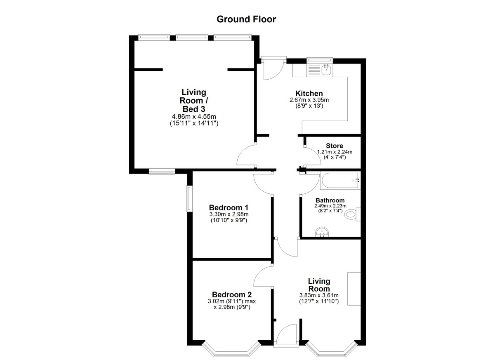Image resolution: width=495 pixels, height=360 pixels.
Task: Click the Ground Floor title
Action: click(246, 19)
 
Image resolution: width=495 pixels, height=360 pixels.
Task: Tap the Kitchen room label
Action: click(309, 93)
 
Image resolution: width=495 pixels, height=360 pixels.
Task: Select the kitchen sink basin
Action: click(326, 70)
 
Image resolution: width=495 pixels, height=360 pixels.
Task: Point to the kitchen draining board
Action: click(314, 70)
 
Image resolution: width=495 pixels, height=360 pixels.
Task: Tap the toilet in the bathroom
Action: click(352, 214)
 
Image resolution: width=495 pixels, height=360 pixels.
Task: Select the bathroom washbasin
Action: click(322, 232)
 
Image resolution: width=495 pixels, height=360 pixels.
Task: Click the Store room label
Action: click(335, 146)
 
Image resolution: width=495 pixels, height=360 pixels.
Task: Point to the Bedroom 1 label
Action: click(229, 207)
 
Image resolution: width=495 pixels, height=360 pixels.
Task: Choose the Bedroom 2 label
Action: click(232, 294)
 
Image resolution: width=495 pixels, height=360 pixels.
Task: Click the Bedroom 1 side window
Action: click(189, 199)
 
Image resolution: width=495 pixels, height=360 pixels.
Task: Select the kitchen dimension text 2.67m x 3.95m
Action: click(309, 100)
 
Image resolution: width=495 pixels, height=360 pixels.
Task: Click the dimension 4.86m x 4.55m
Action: click(194, 116)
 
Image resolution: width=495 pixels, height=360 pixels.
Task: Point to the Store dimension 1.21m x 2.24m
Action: click(335, 152)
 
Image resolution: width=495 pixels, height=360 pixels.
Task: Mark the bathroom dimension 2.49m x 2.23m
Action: click(330, 206)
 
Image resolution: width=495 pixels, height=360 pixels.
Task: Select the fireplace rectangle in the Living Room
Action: click(354, 289)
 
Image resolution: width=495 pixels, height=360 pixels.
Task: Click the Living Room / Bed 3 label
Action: click(194, 101)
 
